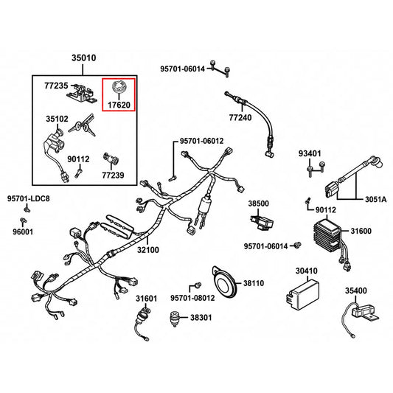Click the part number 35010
(84, 58)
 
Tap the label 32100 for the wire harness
(148, 250)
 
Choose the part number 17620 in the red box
(119, 105)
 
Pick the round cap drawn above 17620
(119, 87)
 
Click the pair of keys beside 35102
(82, 126)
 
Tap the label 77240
(240, 117)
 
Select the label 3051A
(376, 200)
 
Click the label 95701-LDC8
(28, 198)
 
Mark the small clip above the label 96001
(24, 221)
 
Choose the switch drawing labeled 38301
(175, 319)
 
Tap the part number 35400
(356, 291)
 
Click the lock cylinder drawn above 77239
(111, 159)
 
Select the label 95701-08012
(192, 298)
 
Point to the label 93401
(310, 153)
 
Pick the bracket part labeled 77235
(81, 94)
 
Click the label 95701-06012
(201, 141)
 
